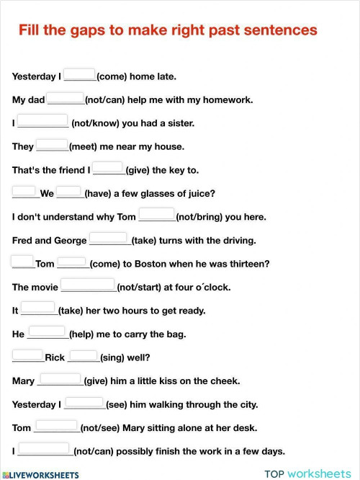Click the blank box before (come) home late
tap(79, 74)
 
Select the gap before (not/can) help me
tap(66, 98)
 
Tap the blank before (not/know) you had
tap(43, 121)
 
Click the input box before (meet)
tap(52, 145)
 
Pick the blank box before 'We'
tap(24, 192)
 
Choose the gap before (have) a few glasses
tap(69, 192)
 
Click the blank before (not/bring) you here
tap(156, 215)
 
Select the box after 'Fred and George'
tap(109, 239)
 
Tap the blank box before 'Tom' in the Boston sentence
tap(22, 262)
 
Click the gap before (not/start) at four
tap(88, 285)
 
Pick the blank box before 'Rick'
tap(28, 355)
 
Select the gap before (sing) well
tap(84, 355)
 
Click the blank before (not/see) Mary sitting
tap(56, 426)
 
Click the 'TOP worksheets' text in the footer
tap(307, 474)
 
